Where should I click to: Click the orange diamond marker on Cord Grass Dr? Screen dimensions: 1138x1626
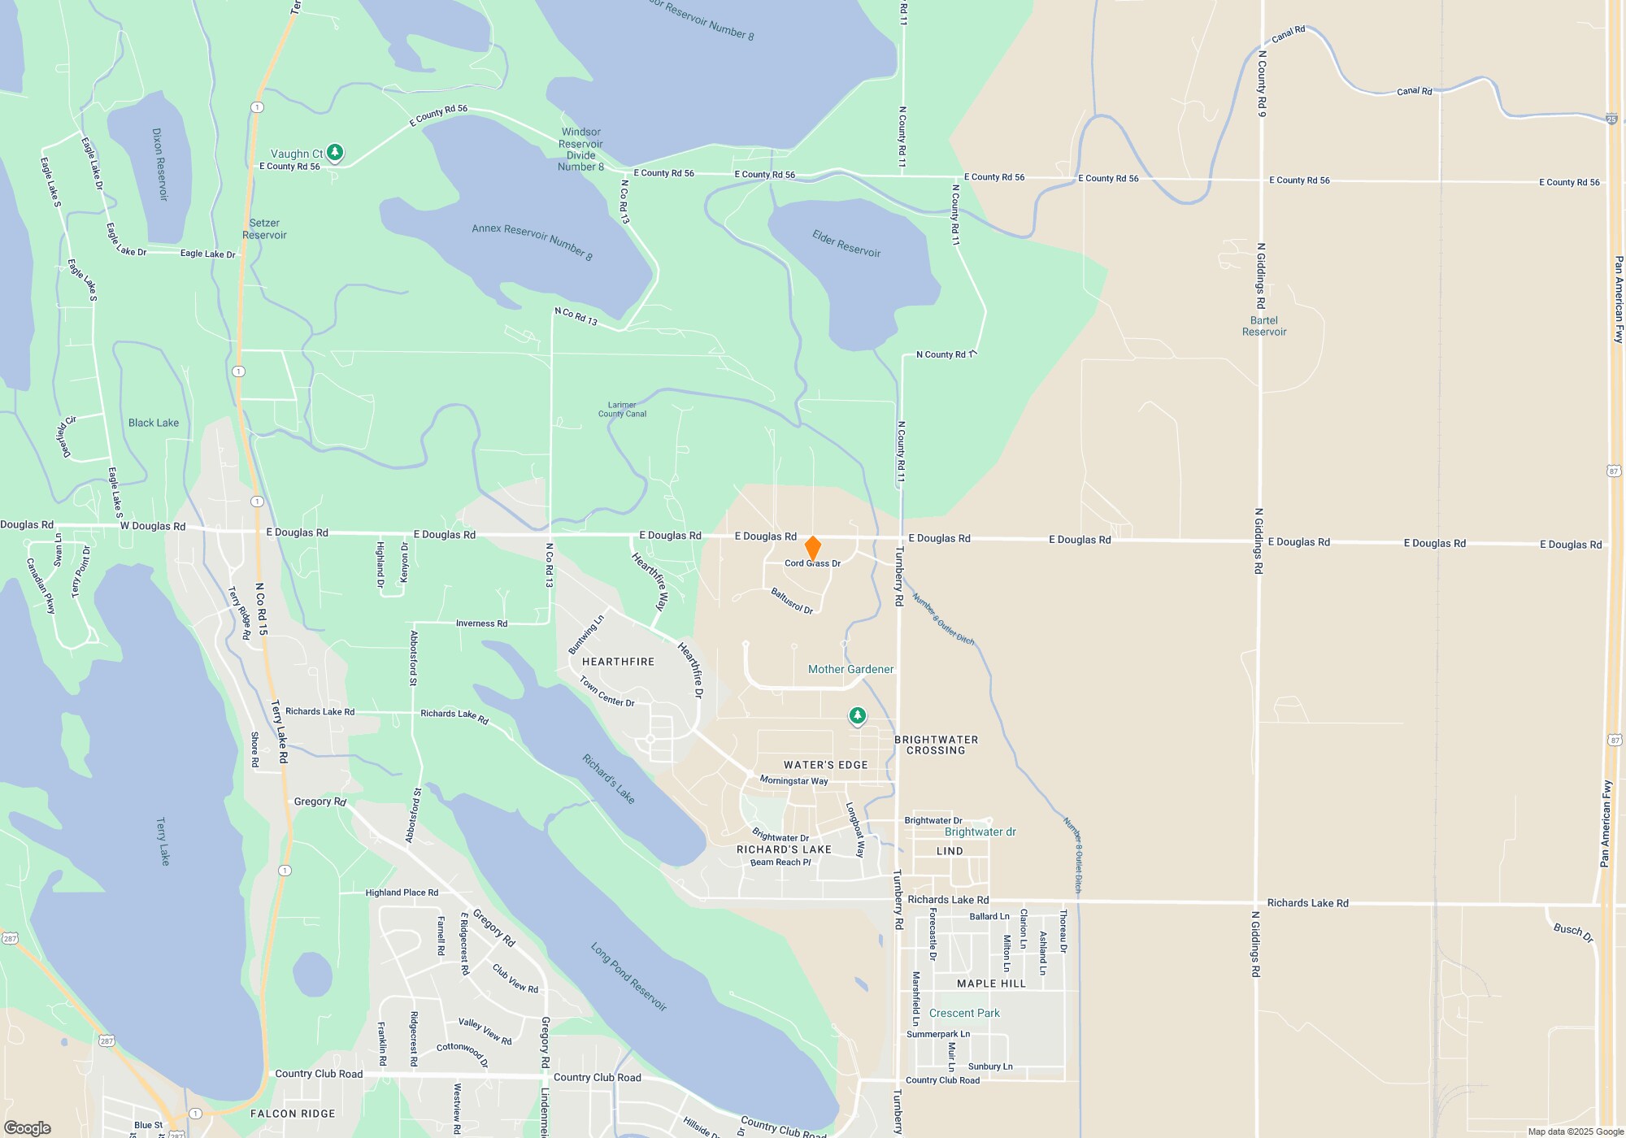click(x=812, y=548)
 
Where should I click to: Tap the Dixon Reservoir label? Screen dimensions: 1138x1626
click(x=159, y=163)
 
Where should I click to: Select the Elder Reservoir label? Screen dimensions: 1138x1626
click(x=846, y=243)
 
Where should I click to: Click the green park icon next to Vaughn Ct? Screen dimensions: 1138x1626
click(x=334, y=152)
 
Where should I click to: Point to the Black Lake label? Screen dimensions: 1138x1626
click(x=154, y=423)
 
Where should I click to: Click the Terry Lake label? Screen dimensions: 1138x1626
click(x=163, y=841)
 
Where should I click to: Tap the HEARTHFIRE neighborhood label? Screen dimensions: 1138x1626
click(x=618, y=662)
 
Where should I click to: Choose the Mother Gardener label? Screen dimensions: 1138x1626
click(x=850, y=669)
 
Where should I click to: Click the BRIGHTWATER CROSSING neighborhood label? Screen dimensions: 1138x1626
click(x=936, y=745)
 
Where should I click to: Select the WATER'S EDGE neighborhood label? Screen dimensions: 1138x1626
click(x=825, y=765)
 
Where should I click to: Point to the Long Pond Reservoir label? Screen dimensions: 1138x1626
click(x=628, y=976)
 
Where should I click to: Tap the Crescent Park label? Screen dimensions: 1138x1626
click(x=964, y=1013)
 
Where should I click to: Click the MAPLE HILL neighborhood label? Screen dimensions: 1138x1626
click(x=991, y=984)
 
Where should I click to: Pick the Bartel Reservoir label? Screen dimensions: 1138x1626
click(x=1264, y=326)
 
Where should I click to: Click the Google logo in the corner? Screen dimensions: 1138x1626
click(x=27, y=1127)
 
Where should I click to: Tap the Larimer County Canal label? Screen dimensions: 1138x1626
click(x=622, y=409)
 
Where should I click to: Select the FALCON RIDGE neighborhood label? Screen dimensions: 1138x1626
click(x=293, y=1114)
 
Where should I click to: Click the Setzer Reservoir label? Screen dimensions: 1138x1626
click(x=264, y=228)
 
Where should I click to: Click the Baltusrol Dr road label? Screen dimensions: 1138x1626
click(x=792, y=601)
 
